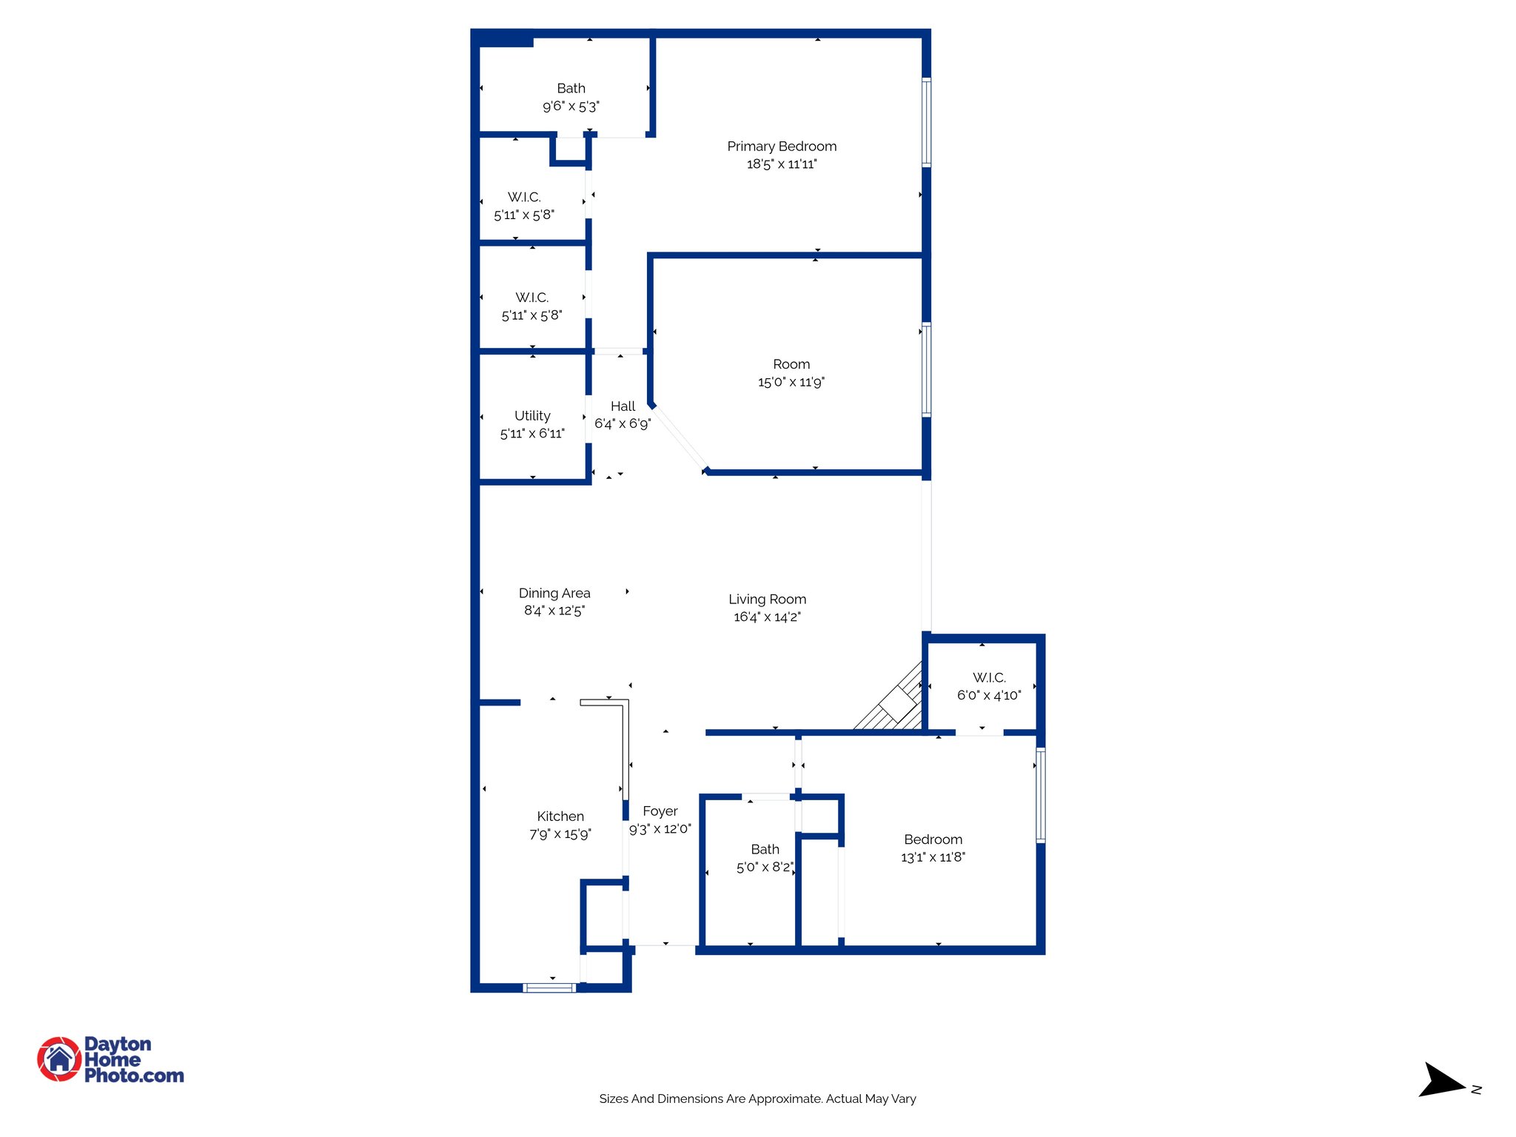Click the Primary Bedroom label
782,147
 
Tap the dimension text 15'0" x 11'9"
791,382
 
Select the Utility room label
532,415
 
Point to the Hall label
623,406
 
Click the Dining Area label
554,593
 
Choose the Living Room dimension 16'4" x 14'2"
767,617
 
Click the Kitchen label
560,816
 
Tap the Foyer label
660,811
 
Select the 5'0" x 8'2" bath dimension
765,867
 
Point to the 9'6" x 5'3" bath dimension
571,107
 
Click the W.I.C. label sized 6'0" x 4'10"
989,677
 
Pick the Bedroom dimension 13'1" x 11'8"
933,857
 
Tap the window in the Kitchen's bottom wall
549,987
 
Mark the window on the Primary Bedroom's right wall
926,122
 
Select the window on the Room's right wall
926,369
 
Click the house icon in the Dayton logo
59,1059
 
